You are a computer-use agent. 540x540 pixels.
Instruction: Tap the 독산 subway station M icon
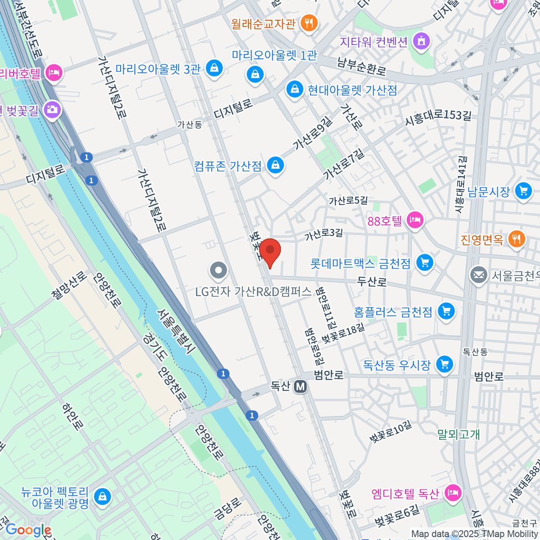pos(300,386)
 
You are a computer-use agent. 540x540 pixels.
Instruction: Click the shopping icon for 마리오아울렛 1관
pos(255,73)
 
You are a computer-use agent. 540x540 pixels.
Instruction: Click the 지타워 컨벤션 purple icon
pos(421,41)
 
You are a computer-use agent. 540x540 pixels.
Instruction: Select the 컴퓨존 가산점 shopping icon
pos(275,165)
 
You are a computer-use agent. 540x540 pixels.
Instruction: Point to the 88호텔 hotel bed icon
pos(414,220)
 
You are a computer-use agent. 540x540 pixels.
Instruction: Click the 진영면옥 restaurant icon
pos(516,239)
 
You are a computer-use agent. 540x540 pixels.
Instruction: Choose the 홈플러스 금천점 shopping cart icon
pos(446,311)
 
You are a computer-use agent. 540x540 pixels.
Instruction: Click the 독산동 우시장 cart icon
pos(445,364)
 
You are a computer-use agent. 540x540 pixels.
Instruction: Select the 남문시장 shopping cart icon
pos(523,191)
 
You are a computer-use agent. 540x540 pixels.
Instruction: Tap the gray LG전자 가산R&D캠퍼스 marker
pos(219,270)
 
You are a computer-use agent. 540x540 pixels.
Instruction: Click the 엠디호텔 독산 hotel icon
pos(453,493)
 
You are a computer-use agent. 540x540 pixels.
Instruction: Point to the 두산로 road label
pos(372,282)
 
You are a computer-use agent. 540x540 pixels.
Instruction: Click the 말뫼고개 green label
pos(459,434)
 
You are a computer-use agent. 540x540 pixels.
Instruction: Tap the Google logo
pos(28,530)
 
